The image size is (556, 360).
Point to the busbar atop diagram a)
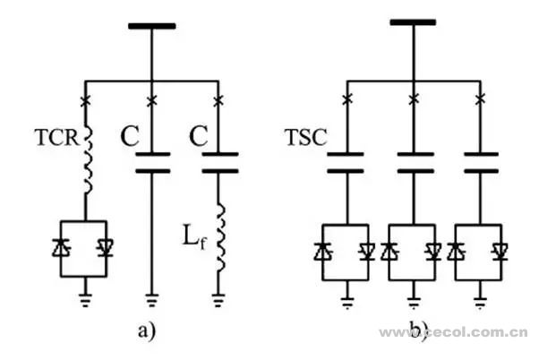[151, 25]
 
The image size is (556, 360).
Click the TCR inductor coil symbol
[88, 161]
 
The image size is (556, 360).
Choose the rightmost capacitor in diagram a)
[219, 162]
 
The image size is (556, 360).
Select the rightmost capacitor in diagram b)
[484, 162]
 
